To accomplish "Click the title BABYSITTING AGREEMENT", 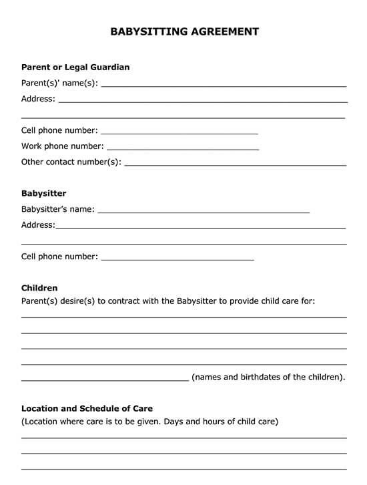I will [x=183, y=31].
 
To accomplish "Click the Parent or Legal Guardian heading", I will [x=75, y=67].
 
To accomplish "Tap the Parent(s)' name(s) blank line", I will [x=224, y=86].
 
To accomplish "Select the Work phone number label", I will [x=62, y=146].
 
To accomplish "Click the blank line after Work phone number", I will [x=183, y=149].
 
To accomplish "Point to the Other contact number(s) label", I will [x=71, y=162].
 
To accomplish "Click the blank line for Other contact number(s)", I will [x=236, y=164].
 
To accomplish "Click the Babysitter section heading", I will [x=43, y=194].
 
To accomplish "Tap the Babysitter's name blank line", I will [x=204, y=212].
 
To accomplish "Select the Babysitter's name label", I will [x=57, y=209].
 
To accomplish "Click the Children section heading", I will [x=39, y=289].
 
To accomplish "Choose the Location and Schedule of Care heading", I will [x=87, y=408].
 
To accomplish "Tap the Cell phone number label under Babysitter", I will [x=59, y=257].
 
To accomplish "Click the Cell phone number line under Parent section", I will [x=179, y=134].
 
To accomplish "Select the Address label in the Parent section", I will [x=38, y=99].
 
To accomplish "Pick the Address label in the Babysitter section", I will [x=38, y=225].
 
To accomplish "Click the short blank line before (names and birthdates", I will [x=105, y=380].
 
